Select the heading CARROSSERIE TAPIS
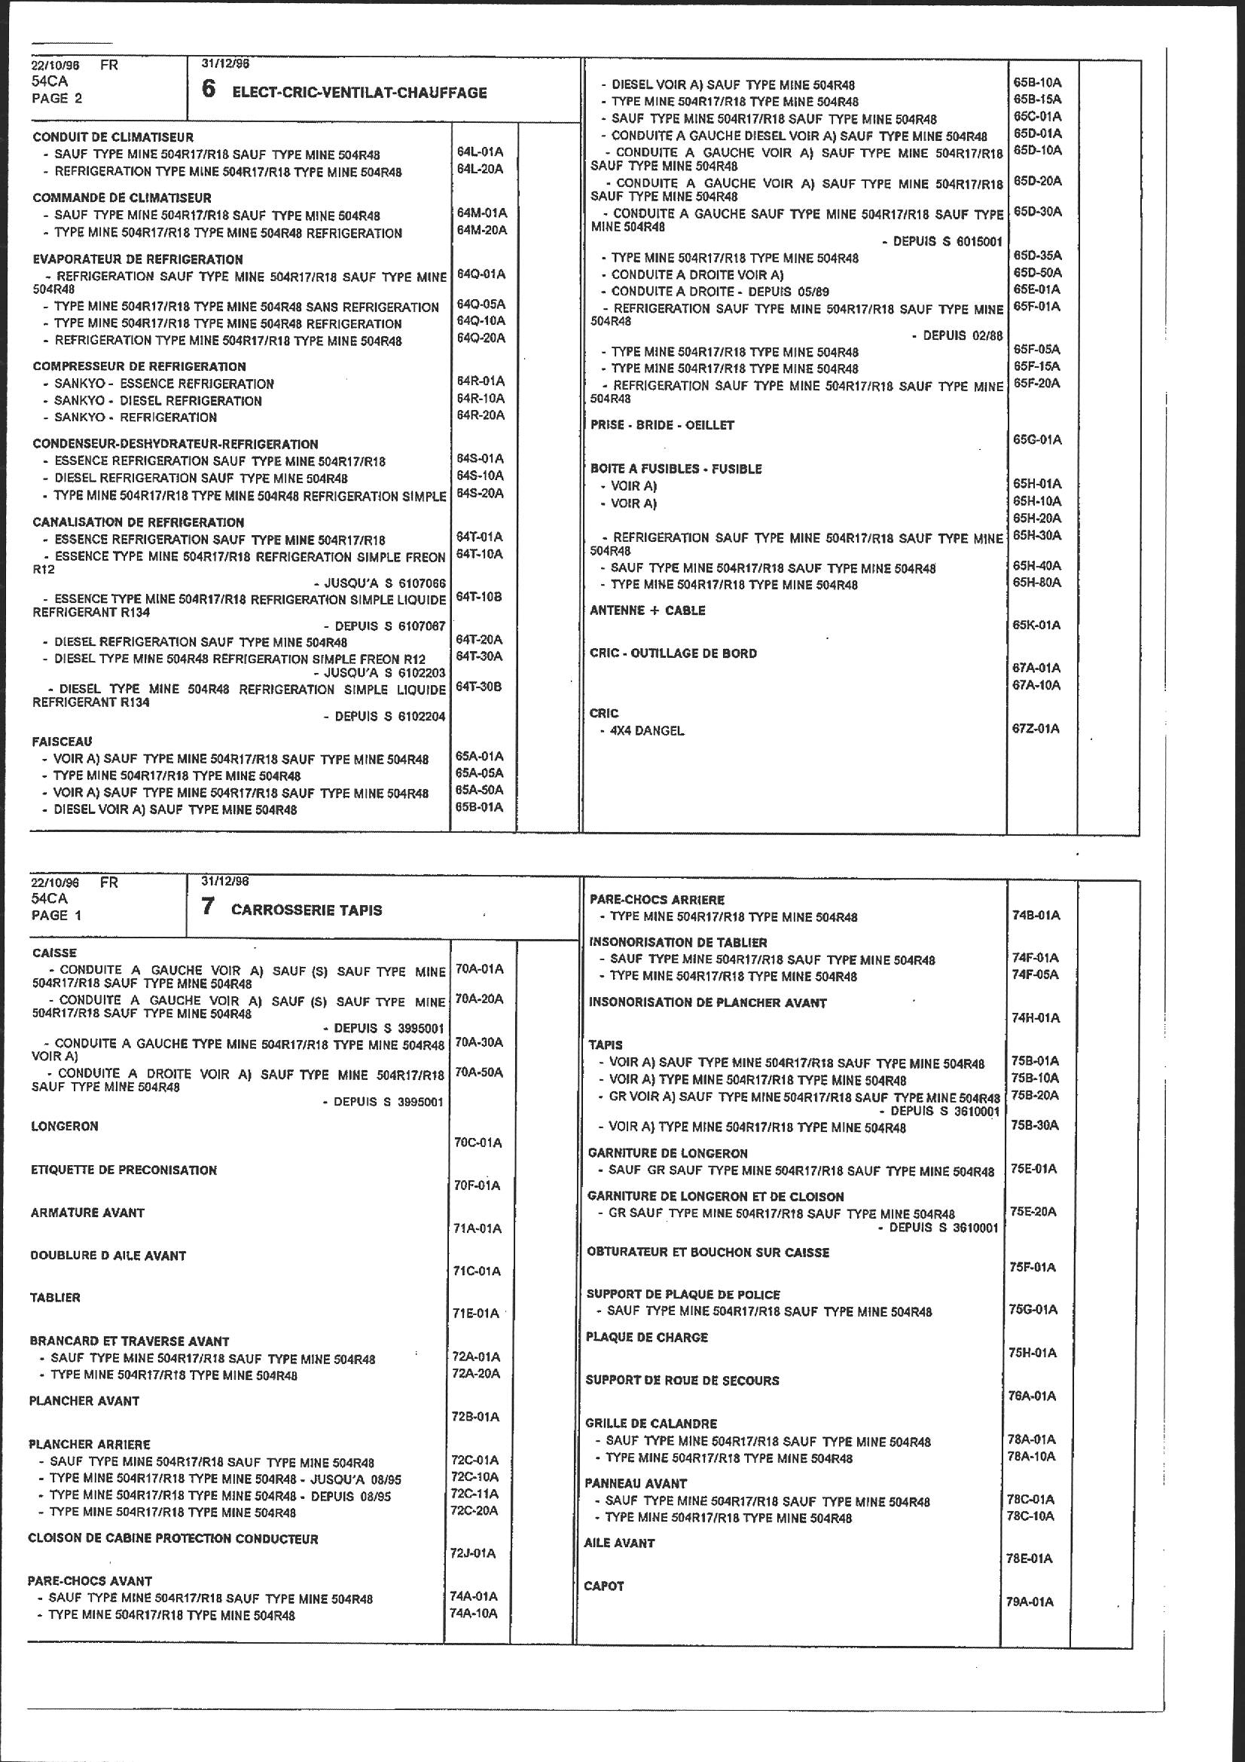click(306, 910)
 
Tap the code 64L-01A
click(480, 152)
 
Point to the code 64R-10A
click(480, 398)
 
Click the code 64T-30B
click(480, 687)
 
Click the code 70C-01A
click(478, 1143)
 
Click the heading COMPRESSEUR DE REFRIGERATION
click(139, 366)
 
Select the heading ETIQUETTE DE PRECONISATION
click(124, 1170)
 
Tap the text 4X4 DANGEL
click(647, 730)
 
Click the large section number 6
click(208, 90)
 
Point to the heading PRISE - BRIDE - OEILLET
click(662, 424)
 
